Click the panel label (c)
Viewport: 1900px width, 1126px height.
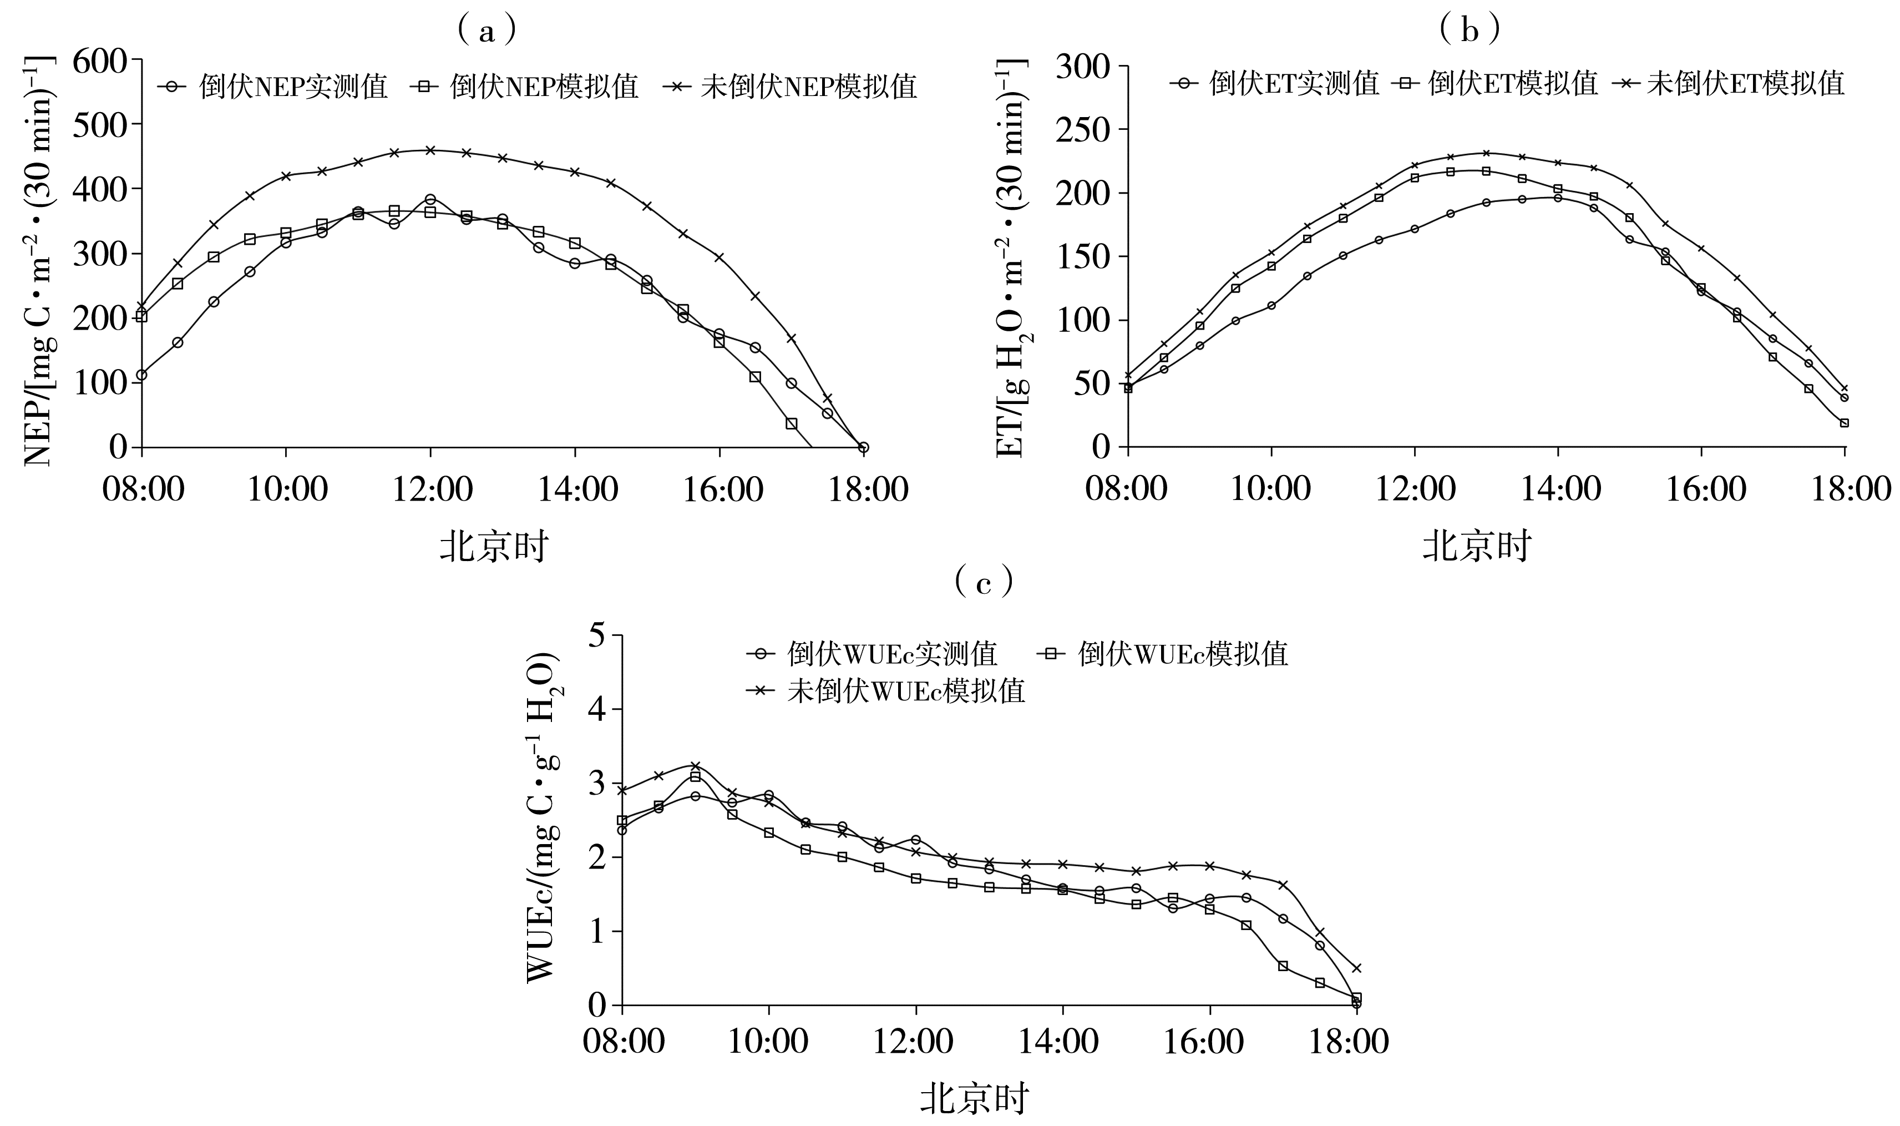[983, 583]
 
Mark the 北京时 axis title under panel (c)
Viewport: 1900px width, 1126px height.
[974, 1099]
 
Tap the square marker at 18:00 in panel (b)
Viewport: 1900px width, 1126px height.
[1844, 423]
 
